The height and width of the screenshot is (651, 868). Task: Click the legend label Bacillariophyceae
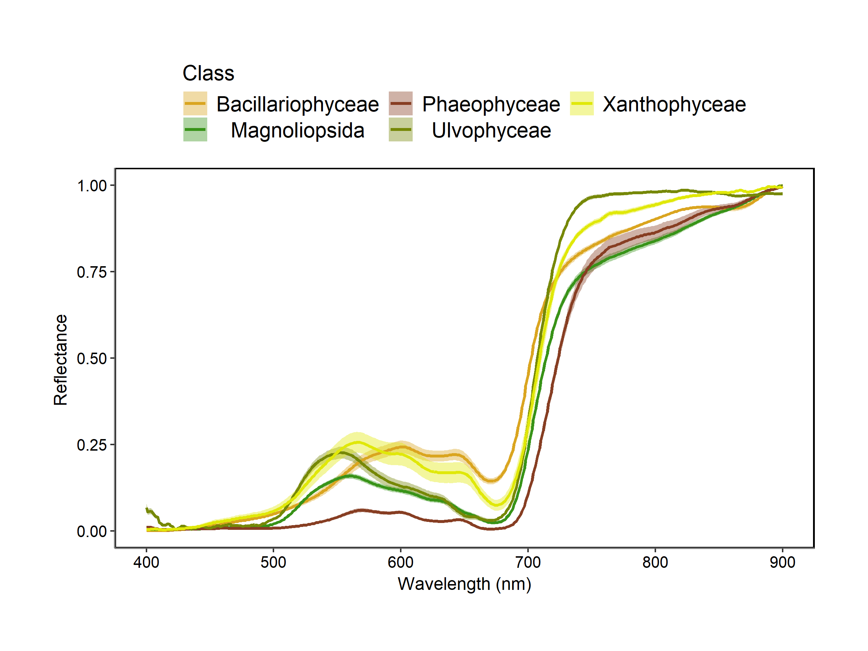297,105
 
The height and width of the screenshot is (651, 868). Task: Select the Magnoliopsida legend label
297,130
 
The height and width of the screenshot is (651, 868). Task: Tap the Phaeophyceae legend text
491,105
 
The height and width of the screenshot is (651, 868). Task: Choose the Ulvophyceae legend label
491,130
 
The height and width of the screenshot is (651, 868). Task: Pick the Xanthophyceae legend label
674,105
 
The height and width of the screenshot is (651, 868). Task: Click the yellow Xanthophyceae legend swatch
582,103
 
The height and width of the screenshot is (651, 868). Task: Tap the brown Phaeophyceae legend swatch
401,103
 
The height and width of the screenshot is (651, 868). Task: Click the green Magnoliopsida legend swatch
195,129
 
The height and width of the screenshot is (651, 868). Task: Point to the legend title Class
208,73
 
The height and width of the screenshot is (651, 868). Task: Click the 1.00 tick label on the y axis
92,186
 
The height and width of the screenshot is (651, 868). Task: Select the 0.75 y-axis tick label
92,272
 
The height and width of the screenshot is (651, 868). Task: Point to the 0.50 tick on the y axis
92,359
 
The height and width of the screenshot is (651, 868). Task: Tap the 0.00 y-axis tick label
92,531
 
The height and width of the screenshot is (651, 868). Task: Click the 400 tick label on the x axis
146,563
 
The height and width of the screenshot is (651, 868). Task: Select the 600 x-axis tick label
401,563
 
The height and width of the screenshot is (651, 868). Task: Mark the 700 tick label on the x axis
528,563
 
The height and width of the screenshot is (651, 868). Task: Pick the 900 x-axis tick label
782,563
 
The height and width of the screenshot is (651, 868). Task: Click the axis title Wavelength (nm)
464,584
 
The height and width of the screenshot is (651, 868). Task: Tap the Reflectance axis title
61,359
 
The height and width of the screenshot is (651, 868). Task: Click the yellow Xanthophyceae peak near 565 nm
357,442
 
